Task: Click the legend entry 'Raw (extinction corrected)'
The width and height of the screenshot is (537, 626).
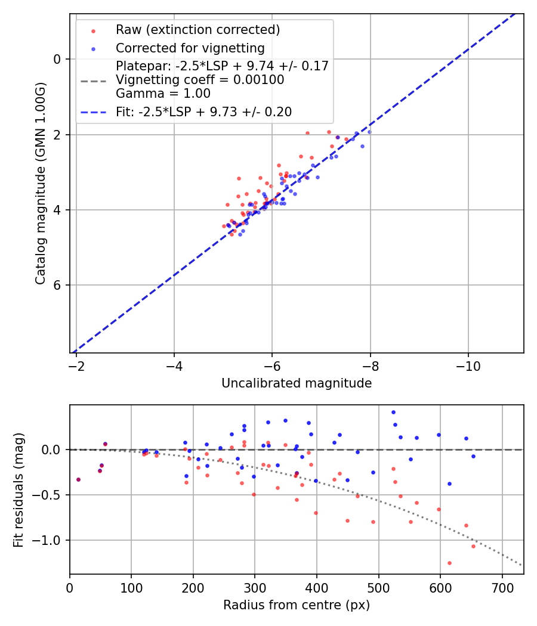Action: point(197,30)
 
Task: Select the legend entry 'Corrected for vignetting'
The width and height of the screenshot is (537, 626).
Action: point(190,48)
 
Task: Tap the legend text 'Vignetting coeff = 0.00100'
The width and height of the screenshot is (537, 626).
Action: point(200,80)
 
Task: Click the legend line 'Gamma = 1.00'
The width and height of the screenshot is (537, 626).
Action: point(163,94)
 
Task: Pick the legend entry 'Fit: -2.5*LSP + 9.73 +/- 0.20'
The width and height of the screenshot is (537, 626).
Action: point(203,112)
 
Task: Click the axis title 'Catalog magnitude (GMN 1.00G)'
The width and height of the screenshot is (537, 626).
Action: point(40,184)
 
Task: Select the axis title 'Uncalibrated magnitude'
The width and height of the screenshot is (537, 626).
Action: point(297,383)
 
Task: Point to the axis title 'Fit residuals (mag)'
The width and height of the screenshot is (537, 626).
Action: point(18,489)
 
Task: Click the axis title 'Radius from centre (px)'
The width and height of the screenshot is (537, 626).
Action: point(297,605)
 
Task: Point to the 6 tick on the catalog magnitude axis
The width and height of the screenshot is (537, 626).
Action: point(57,285)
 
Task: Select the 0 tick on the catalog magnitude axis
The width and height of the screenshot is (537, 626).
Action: point(57,59)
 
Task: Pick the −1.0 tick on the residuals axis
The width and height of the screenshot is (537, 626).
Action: point(49,540)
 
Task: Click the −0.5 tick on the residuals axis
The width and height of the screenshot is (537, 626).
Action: point(49,495)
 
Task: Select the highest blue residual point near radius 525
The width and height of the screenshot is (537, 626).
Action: point(393,412)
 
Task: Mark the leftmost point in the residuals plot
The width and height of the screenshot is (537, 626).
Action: point(78,479)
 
